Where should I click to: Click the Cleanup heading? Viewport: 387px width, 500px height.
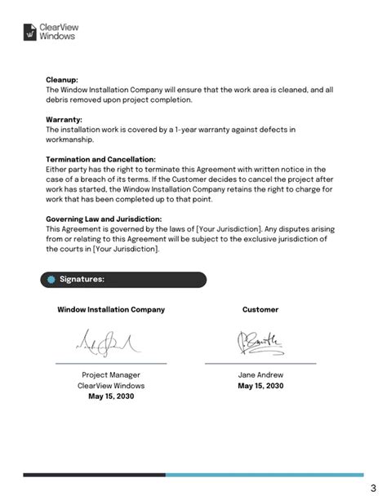coord(61,80)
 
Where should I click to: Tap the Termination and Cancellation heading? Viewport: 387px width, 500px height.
coord(100,159)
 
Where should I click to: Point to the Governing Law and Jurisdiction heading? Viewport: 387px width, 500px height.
coord(104,219)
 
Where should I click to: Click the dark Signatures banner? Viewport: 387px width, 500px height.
coord(122,280)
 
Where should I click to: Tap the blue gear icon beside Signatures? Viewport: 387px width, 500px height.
coord(53,280)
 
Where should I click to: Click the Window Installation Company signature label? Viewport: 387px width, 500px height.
coord(111,310)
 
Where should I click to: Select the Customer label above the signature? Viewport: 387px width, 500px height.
coord(260,310)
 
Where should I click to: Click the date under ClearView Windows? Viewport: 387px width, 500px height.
coord(111,396)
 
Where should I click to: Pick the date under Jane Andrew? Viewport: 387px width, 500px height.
coord(260,387)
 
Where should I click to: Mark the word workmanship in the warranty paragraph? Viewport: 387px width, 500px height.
coord(75,139)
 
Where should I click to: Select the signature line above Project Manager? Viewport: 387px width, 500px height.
coord(111,363)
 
